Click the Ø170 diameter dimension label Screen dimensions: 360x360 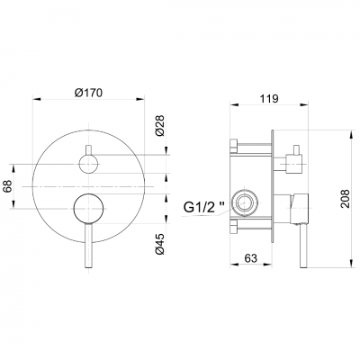(88, 93)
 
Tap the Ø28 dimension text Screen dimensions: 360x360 (160, 125)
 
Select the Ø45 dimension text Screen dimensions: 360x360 (160, 244)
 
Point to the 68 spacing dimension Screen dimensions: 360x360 (7, 186)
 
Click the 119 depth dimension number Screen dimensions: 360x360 (268, 98)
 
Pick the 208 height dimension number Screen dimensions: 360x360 (345, 199)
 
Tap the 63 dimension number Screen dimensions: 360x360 (250, 257)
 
